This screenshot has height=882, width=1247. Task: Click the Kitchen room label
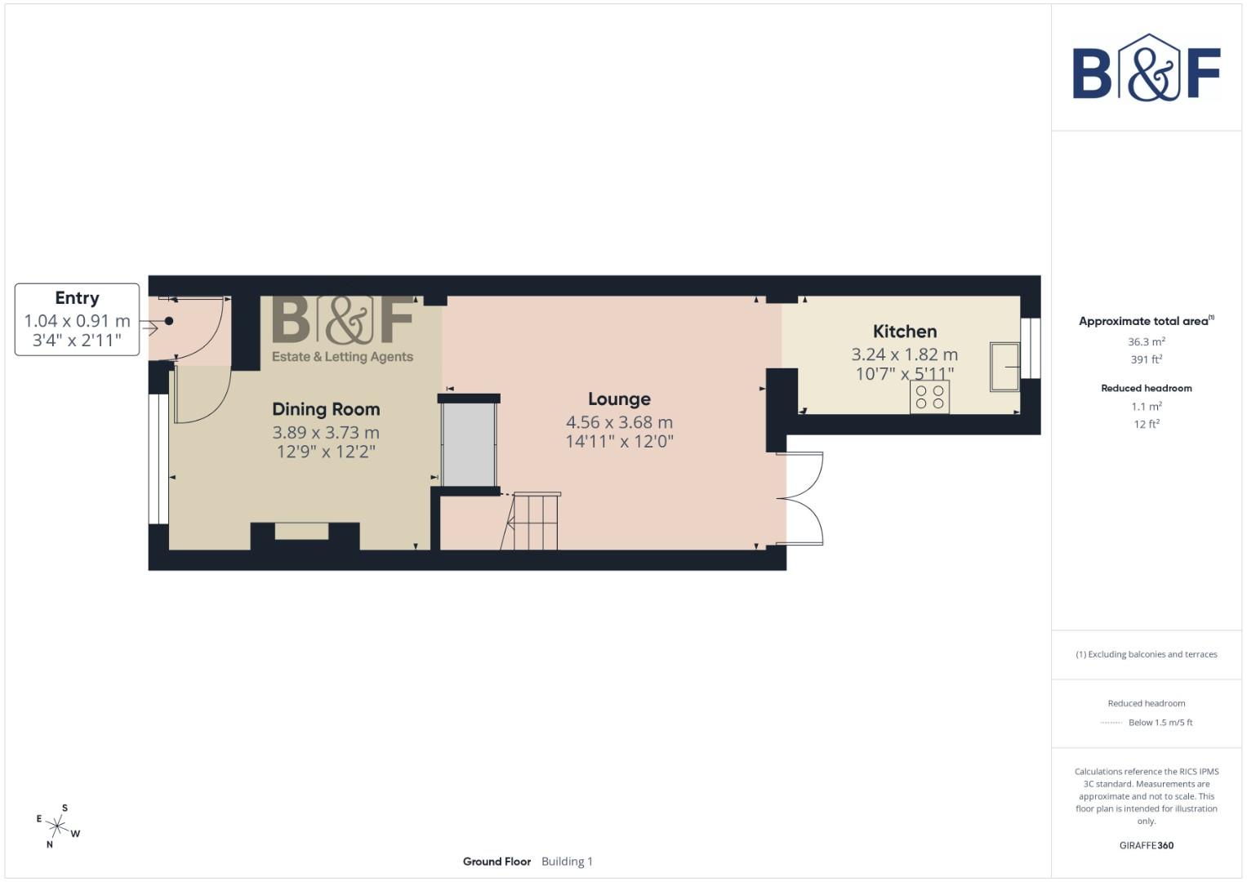click(x=905, y=332)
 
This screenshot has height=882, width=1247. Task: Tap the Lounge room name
click(x=619, y=399)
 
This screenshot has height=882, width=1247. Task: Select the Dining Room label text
click(x=326, y=409)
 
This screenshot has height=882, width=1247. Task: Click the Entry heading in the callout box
click(x=77, y=298)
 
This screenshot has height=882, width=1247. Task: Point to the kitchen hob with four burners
click(x=929, y=398)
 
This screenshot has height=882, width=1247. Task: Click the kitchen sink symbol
click(x=1004, y=367)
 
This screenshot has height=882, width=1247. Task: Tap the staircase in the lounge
click(x=532, y=521)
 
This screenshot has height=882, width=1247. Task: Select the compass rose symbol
click(x=57, y=826)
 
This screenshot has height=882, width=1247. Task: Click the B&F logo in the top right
click(x=1146, y=68)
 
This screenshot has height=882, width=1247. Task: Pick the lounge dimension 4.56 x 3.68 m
click(x=619, y=422)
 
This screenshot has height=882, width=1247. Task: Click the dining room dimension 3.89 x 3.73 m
click(x=326, y=433)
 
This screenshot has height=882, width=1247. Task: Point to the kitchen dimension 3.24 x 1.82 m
click(x=904, y=354)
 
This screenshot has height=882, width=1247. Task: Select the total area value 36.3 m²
click(x=1146, y=342)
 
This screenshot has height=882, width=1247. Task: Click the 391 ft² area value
click(x=1146, y=359)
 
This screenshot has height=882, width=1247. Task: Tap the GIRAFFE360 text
click(x=1146, y=845)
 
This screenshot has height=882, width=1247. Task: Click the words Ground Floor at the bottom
click(x=497, y=862)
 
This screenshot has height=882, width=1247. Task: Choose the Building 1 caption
click(x=567, y=862)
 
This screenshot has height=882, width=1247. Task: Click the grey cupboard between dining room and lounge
click(x=469, y=445)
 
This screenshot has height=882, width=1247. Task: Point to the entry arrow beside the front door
click(x=149, y=328)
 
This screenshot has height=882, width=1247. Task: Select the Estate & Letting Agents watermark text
click(x=342, y=357)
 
